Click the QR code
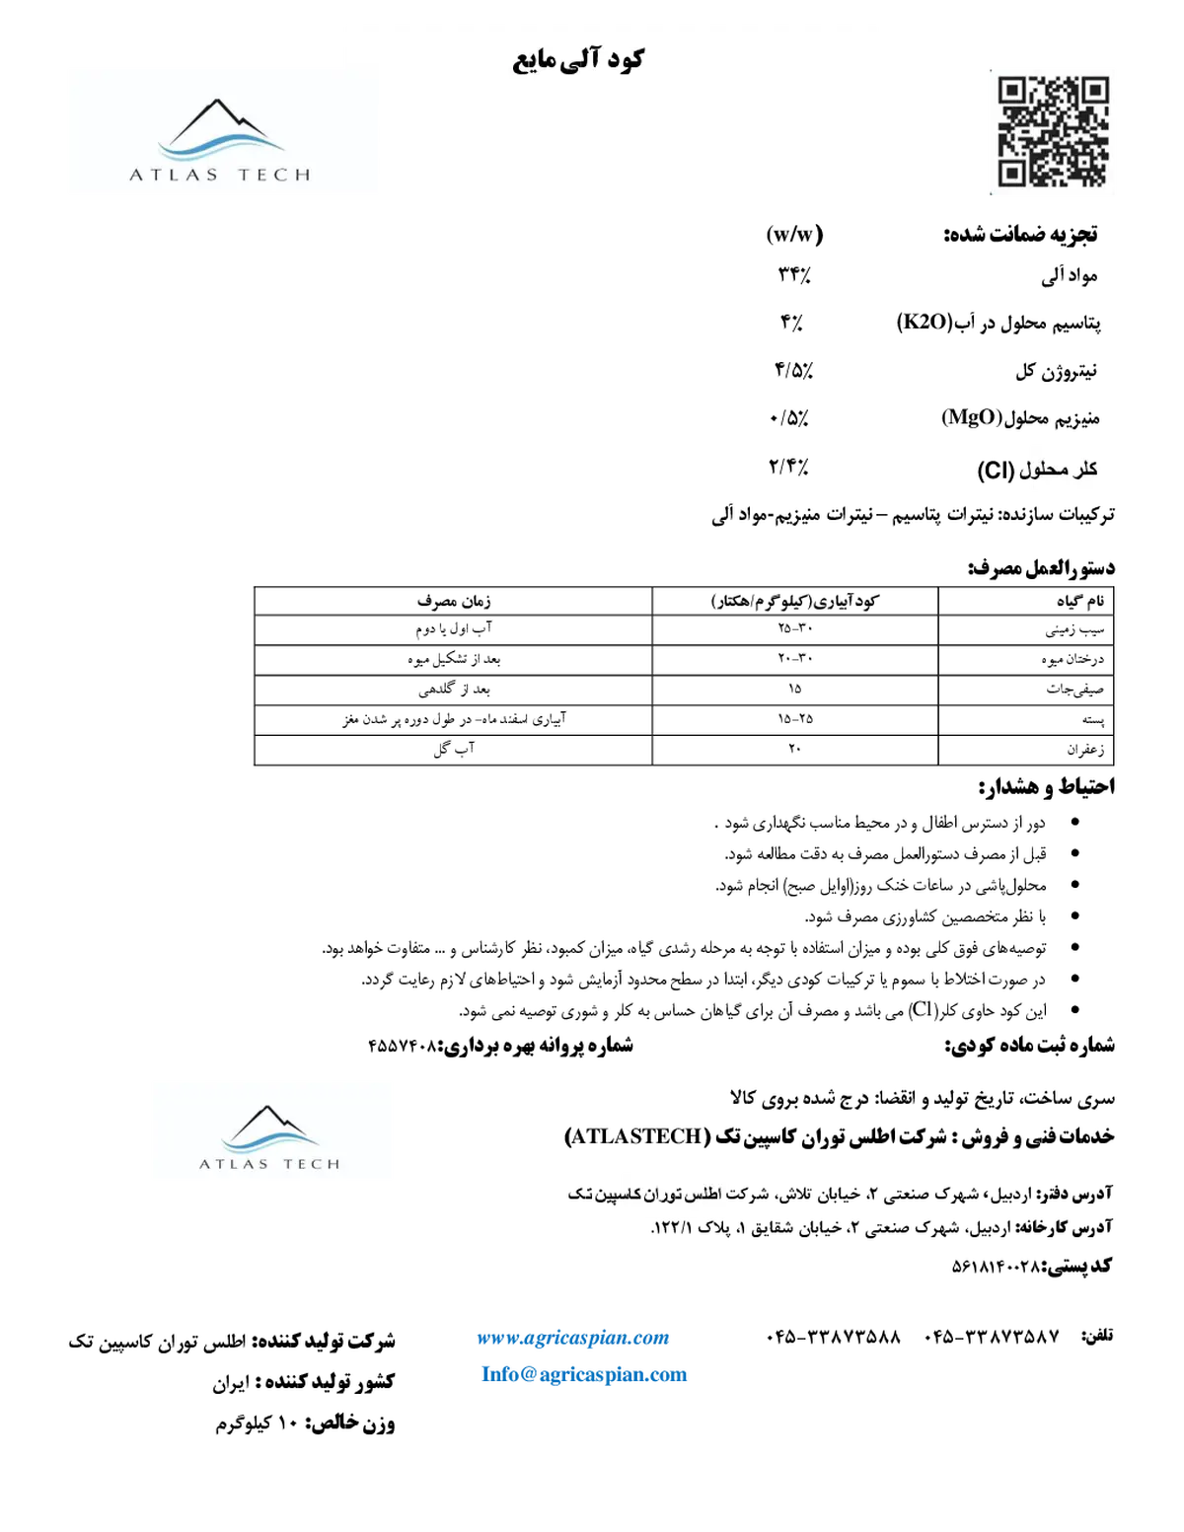1053,132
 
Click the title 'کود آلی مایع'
577,59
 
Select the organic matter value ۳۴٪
794,274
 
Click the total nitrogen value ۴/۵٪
793,369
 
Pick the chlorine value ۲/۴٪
789,466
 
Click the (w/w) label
794,234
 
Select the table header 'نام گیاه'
1080,601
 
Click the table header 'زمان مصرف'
454,601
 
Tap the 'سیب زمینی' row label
1074,629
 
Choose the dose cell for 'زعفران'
794,749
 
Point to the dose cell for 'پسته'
795,718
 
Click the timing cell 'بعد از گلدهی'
454,690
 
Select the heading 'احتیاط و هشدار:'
1047,787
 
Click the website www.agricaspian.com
572,1338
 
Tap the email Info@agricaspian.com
584,1374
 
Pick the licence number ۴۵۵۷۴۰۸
403,1047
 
